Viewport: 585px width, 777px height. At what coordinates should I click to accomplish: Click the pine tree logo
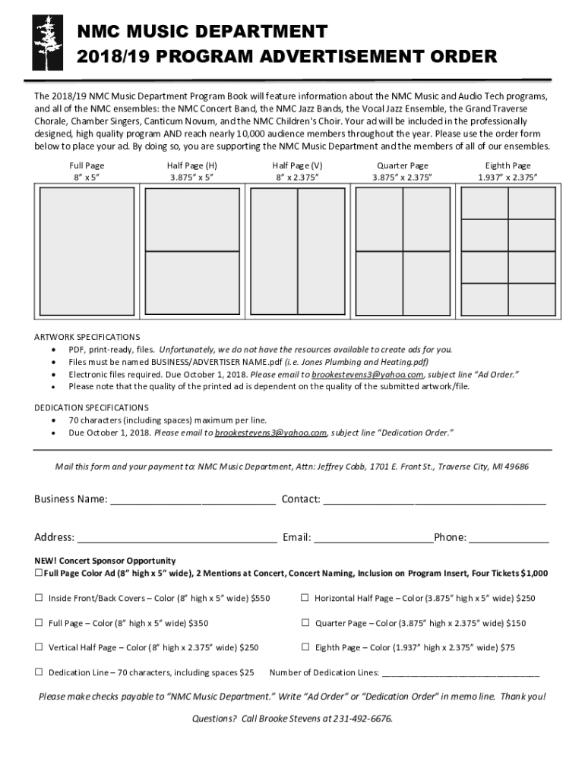click(43, 44)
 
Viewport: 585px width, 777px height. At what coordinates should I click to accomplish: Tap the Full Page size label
click(87, 171)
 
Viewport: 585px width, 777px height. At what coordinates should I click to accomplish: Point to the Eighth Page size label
click(508, 171)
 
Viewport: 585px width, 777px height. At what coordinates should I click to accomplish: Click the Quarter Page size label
click(402, 171)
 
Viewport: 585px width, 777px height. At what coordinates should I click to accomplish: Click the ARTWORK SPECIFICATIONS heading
click(87, 336)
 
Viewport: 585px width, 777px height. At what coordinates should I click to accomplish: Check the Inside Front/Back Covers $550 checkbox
click(38, 598)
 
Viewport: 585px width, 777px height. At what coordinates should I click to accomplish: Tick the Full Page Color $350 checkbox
click(38, 623)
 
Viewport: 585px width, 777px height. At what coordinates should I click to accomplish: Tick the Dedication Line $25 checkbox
click(38, 672)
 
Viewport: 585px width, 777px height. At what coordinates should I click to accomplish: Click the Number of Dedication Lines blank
click(460, 673)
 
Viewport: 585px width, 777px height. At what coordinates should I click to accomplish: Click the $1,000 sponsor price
click(534, 574)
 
